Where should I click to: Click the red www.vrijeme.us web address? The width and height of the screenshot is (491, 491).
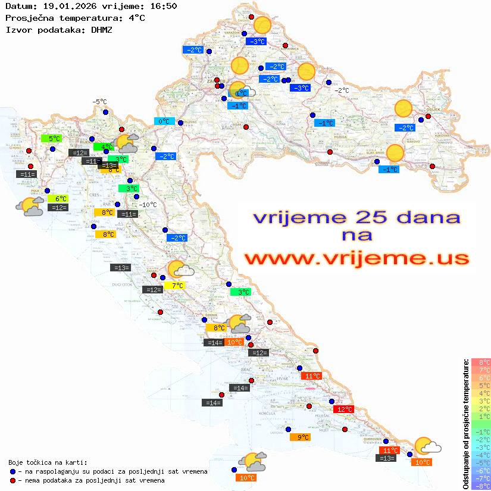(x=356, y=258)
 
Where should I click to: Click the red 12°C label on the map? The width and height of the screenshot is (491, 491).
(x=345, y=409)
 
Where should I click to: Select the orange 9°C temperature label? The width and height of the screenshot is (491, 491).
(x=303, y=437)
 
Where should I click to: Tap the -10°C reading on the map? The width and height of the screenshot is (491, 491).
(x=147, y=205)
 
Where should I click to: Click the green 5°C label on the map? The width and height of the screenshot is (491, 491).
(x=54, y=139)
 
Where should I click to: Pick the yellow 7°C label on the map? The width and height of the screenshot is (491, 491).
(x=177, y=286)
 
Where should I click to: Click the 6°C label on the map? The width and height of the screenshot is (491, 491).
(x=60, y=199)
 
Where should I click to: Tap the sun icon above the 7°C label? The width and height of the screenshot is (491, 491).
(x=176, y=269)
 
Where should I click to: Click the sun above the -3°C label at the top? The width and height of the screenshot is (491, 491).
(x=262, y=26)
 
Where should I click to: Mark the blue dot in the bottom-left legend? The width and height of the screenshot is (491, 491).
(x=12, y=471)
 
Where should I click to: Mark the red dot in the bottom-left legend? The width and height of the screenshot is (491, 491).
(x=12, y=480)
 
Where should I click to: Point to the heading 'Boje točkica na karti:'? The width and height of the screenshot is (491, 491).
(x=48, y=462)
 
